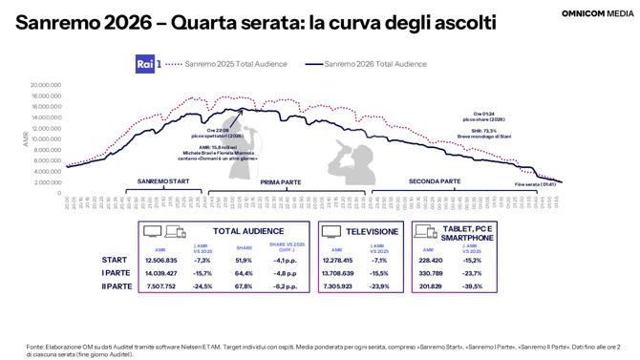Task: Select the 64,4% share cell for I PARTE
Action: coord(243,272)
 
